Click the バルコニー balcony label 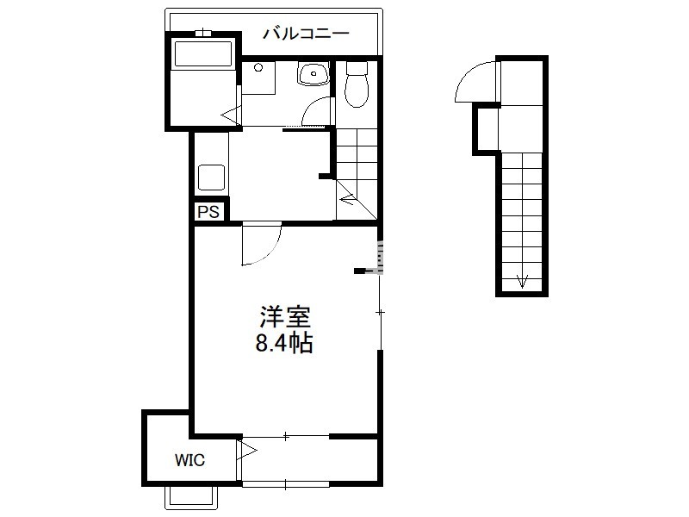click(306, 34)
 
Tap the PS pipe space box click(208, 212)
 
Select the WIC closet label click(189, 460)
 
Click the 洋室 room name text click(285, 317)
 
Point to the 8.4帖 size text click(284, 343)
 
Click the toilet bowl click(357, 84)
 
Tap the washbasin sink click(313, 73)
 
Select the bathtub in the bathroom click(203, 53)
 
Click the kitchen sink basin click(211, 178)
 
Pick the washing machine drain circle click(258, 68)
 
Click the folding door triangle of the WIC click(246, 451)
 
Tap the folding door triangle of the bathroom click(232, 115)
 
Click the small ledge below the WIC click(190, 498)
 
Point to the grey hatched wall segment click(380, 257)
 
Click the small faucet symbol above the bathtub click(203, 33)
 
